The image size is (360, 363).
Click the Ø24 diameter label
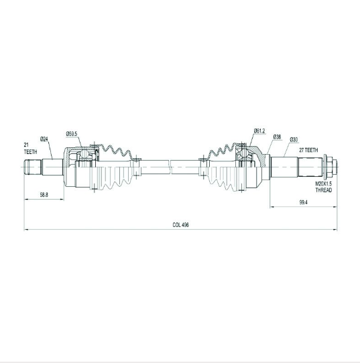pyautogui.click(x=44, y=139)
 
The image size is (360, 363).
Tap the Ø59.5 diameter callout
pyautogui.click(x=71, y=133)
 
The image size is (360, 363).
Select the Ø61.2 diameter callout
pyautogui.click(x=259, y=131)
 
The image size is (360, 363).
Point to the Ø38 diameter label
pyautogui.click(x=277, y=137)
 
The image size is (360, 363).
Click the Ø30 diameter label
pyautogui.click(x=294, y=140)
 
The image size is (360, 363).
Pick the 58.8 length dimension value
pyautogui.click(x=44, y=195)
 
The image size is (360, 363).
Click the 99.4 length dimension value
pyautogui.click(x=303, y=202)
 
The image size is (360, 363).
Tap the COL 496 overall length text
pyautogui.click(x=181, y=225)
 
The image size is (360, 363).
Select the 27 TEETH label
pyautogui.click(x=308, y=150)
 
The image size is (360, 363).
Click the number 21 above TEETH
pyautogui.click(x=26, y=145)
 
